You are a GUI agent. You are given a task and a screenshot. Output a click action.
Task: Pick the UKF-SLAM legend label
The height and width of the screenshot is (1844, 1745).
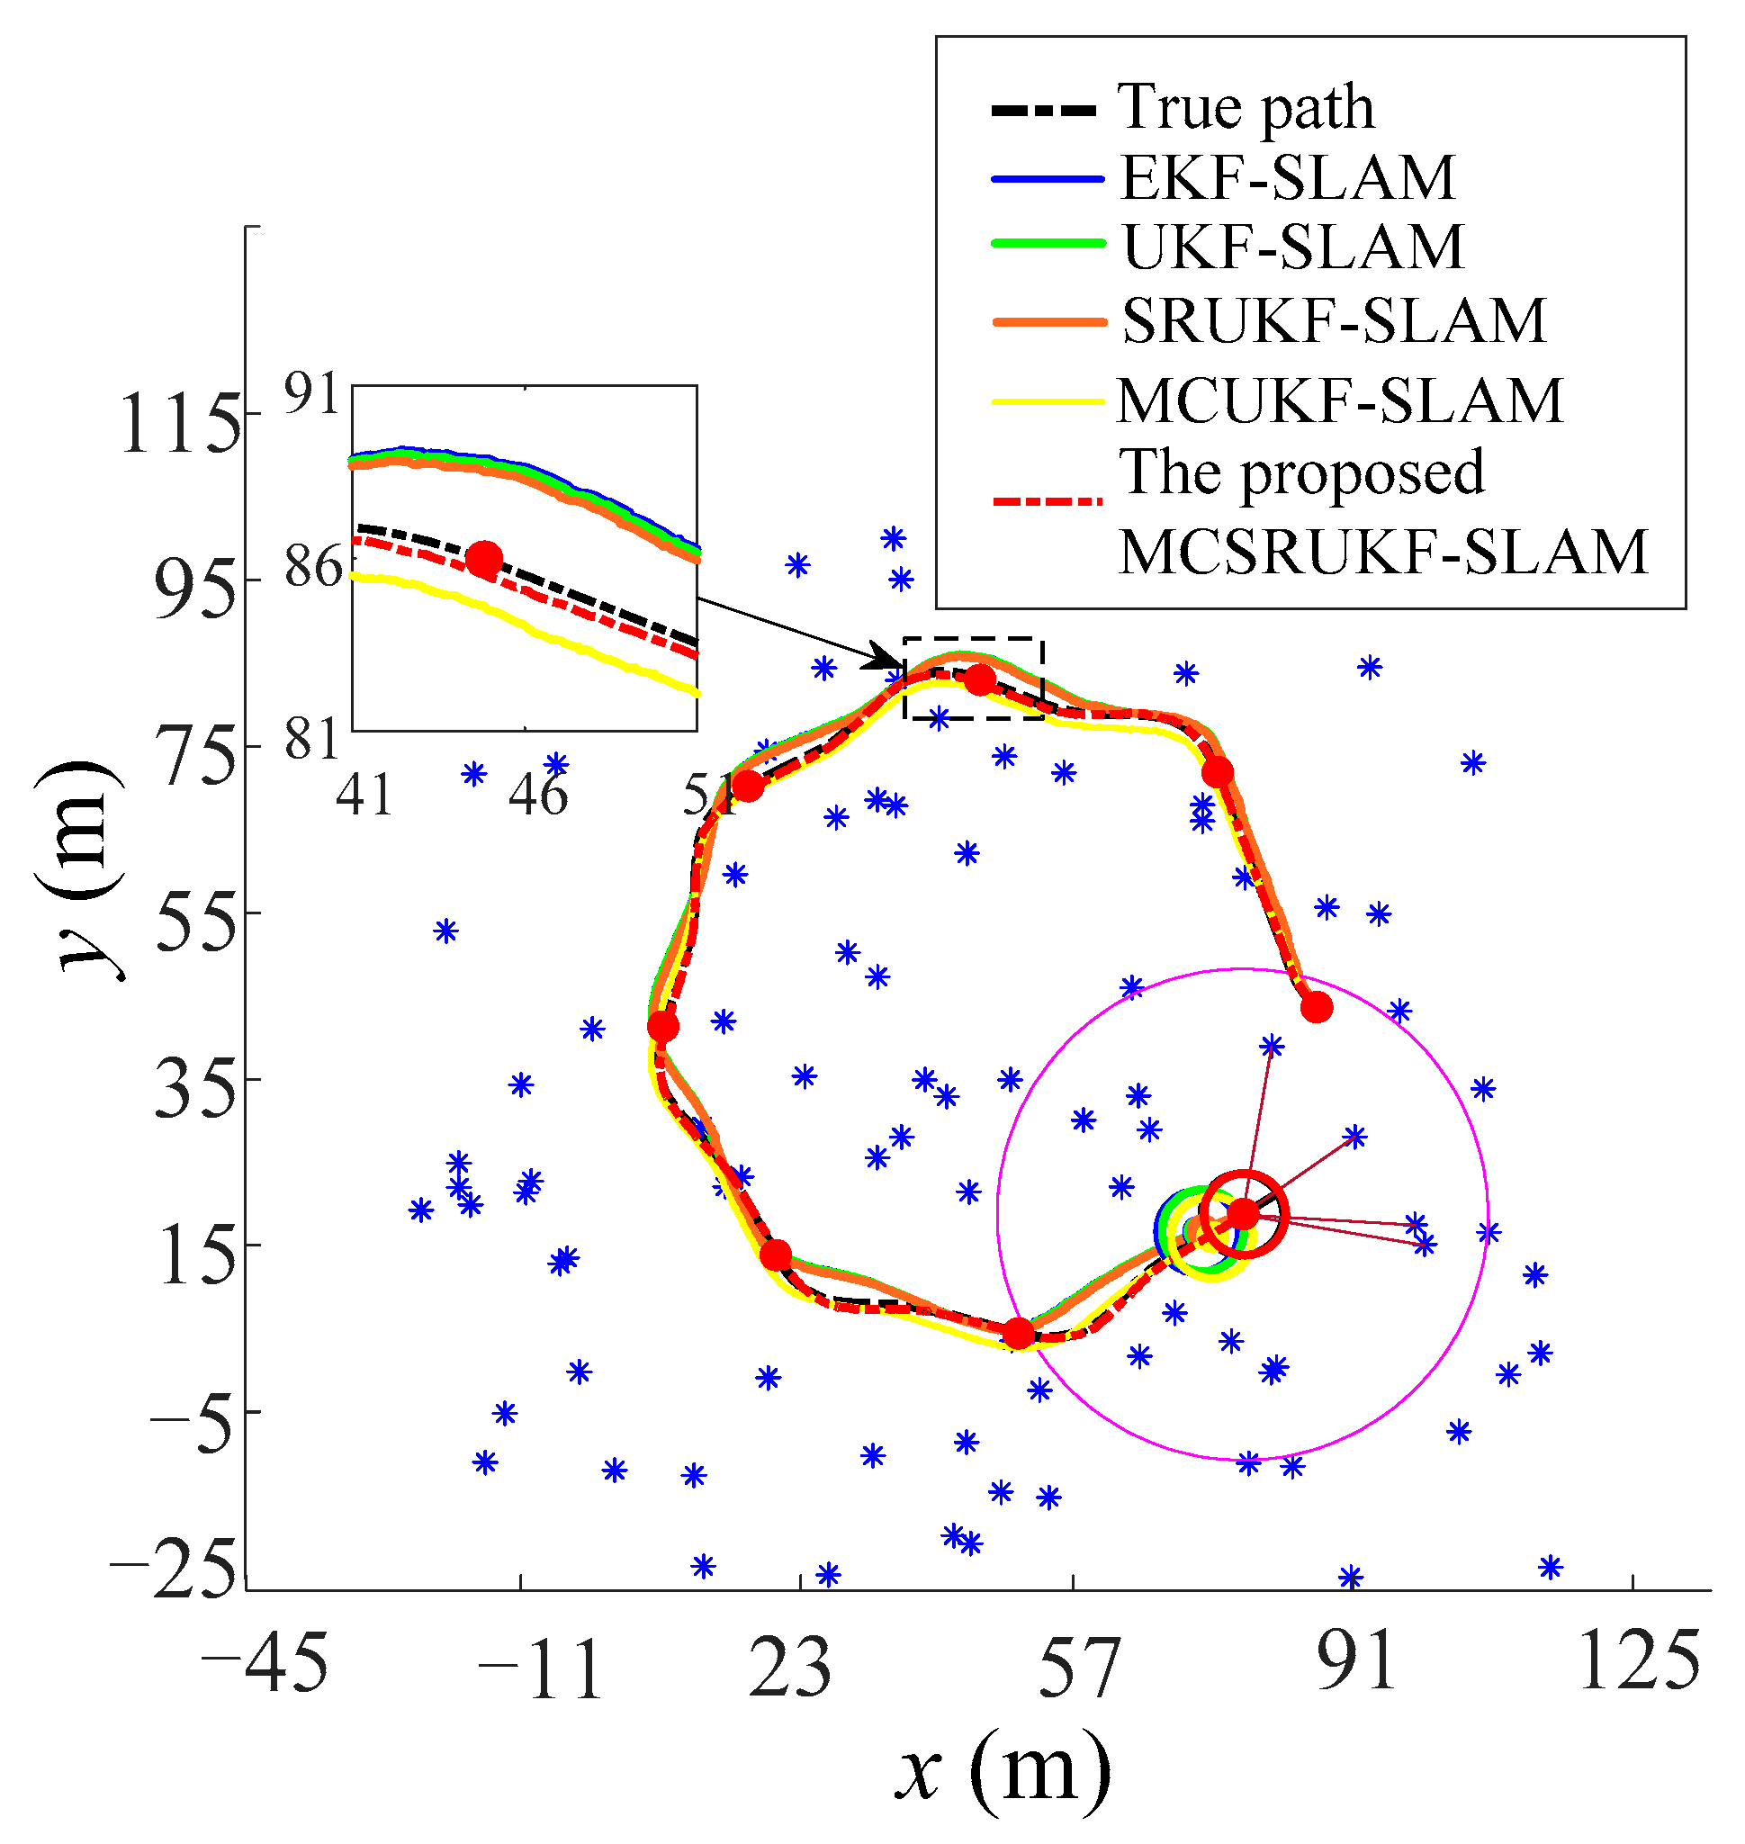pos(1293,247)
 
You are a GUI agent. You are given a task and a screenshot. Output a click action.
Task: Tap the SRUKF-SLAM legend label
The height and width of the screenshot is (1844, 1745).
pos(1334,321)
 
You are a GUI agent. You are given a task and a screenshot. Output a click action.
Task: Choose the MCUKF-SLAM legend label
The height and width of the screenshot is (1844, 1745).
pos(1339,401)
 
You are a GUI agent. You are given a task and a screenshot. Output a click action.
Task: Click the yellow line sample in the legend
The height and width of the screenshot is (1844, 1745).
pos(1048,402)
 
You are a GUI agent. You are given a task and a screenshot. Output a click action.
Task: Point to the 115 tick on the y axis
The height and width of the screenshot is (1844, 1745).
pos(181,424)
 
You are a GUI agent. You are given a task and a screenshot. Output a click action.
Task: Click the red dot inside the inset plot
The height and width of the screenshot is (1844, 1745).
pos(483,559)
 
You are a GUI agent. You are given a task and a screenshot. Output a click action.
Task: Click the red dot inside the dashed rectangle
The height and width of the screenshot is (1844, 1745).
pos(978,680)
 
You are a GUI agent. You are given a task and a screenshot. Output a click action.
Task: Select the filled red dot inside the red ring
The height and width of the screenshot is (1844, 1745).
pos(1243,1212)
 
